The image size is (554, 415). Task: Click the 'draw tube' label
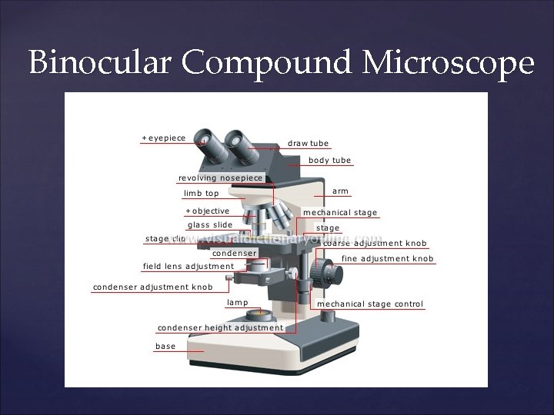point(308,143)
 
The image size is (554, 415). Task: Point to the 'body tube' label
point(329,161)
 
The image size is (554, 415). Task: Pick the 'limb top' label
point(201,193)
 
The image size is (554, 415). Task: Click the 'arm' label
point(339,191)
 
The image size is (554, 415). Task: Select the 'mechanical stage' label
point(340,212)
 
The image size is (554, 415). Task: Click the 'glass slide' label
point(210,225)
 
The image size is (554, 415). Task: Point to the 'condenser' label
point(234,253)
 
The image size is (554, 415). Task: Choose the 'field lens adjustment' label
point(189,267)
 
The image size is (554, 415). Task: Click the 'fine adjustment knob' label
point(387,259)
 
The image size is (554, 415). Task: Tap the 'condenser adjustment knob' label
point(152,287)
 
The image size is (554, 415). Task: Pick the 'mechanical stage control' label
point(370,304)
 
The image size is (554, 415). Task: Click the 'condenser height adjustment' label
point(221,327)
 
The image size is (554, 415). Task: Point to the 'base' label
point(165,347)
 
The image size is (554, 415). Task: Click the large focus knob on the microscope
point(330,273)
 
